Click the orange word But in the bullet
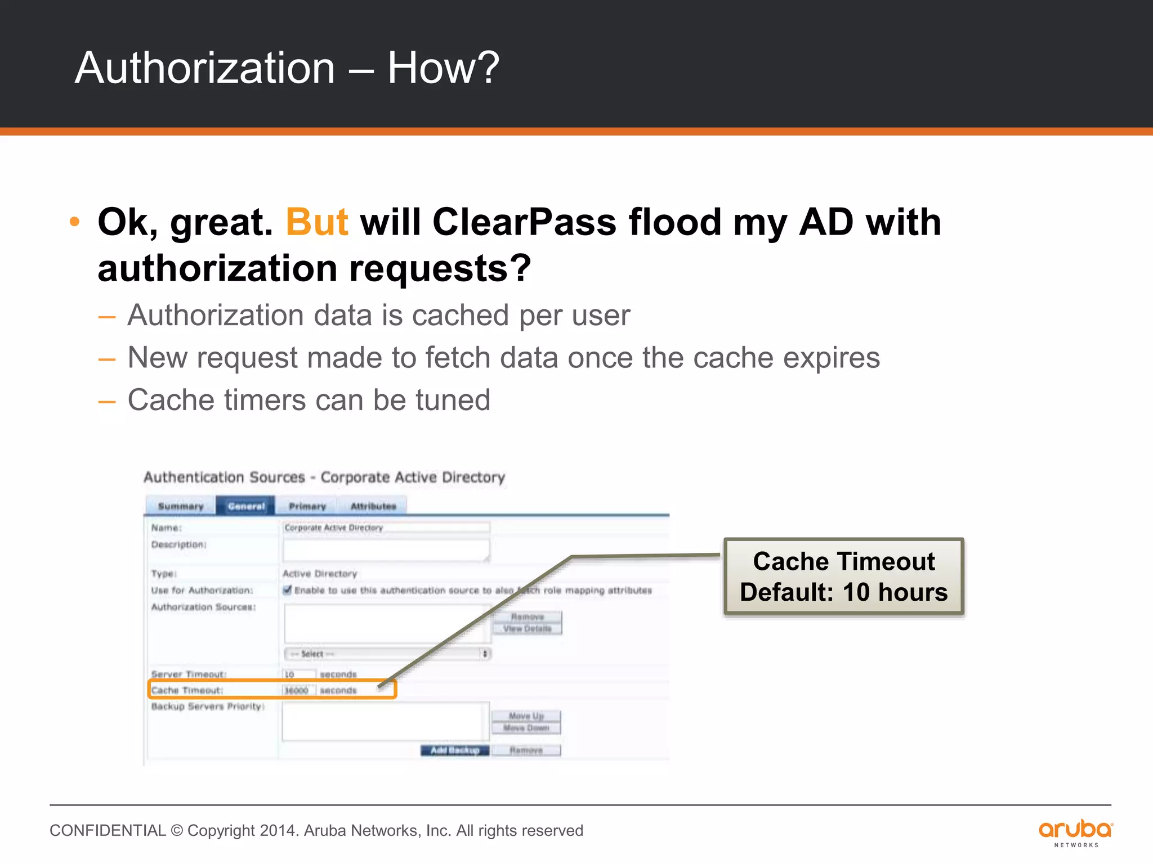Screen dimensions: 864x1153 [x=317, y=222]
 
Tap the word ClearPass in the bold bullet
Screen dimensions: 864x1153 [x=524, y=222]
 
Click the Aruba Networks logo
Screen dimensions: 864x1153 [x=1075, y=832]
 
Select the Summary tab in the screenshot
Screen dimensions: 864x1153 [x=180, y=506]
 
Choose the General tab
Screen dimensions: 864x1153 [x=246, y=506]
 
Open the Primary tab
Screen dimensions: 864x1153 [x=307, y=506]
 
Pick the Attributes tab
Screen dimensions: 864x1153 [x=373, y=506]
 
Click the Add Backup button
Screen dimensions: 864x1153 [x=455, y=750]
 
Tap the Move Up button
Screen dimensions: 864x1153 [x=526, y=716]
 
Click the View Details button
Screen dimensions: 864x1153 [x=527, y=629]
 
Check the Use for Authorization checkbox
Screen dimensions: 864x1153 [x=288, y=590]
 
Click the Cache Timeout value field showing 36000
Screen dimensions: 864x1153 [x=298, y=690]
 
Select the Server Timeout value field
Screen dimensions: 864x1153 [x=298, y=674]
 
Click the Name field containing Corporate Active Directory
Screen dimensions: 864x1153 [x=386, y=528]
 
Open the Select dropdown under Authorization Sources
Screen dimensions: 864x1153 [x=387, y=654]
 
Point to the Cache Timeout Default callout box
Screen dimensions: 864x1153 [x=843, y=577]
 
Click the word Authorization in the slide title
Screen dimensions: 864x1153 [x=205, y=68]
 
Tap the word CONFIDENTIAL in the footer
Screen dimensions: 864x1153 [x=108, y=831]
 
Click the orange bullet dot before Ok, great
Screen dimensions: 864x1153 [x=74, y=222]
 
